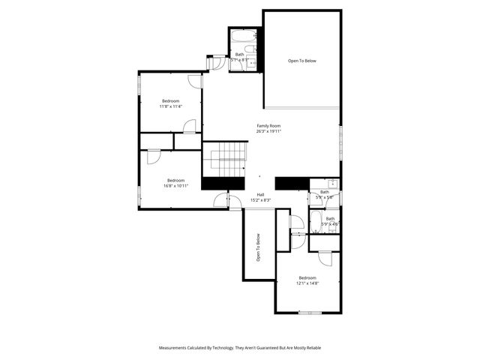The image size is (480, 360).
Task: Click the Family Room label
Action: pos(268,125)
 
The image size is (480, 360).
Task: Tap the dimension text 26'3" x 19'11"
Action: pos(268,131)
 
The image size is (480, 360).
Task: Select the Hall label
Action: pos(261,194)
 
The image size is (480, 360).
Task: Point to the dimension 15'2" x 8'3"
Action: pos(261,200)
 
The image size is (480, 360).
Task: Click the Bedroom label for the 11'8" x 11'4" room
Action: pos(171,100)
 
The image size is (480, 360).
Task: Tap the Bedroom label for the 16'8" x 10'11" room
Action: pos(175,180)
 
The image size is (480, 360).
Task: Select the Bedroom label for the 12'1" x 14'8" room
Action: pos(307,277)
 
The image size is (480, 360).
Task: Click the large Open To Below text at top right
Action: pos(302,60)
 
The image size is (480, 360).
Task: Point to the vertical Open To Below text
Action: pos(258,248)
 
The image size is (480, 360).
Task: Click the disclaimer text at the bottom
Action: pos(239,348)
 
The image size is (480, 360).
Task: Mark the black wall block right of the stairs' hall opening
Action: pos(292,184)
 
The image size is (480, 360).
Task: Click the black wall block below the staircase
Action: pos(223,183)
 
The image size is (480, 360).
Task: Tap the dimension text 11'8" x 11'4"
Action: pos(171,106)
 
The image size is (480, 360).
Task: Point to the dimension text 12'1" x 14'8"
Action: pos(307,283)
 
